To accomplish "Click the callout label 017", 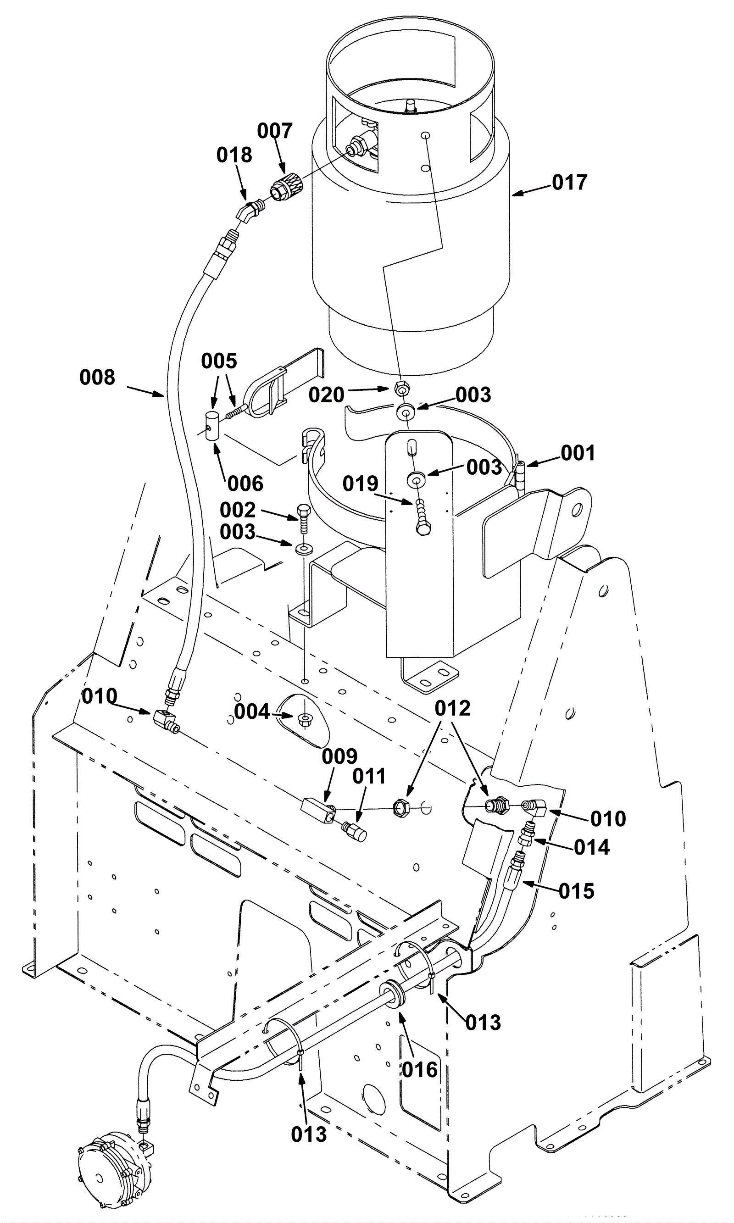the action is click(x=569, y=183).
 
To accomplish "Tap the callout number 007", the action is click(x=275, y=131).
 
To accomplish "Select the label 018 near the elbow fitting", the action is click(x=234, y=156).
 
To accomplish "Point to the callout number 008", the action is click(x=97, y=378).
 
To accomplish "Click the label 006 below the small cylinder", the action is click(x=245, y=484).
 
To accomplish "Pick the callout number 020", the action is click(x=327, y=395).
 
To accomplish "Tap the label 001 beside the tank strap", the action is click(x=578, y=453).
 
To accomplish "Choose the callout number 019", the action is click(x=361, y=484).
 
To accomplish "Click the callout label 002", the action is click(x=238, y=510).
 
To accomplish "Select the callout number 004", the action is click(x=252, y=712).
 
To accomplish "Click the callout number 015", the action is click(x=577, y=892).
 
